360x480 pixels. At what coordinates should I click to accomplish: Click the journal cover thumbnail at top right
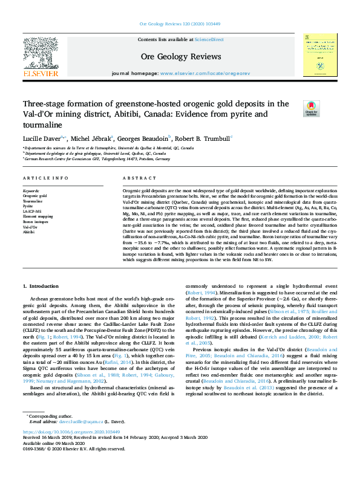320,54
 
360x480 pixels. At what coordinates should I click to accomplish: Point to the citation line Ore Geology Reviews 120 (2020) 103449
180,24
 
